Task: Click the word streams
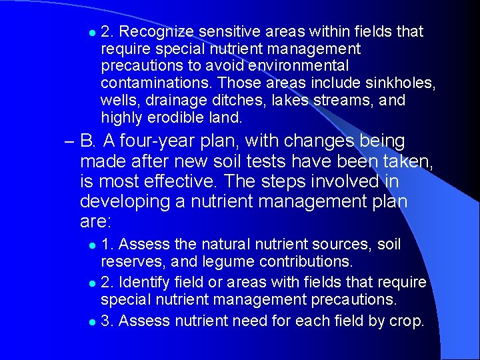[x=339, y=101]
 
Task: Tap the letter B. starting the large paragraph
[x=89, y=142]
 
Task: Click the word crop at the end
[x=405, y=321]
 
